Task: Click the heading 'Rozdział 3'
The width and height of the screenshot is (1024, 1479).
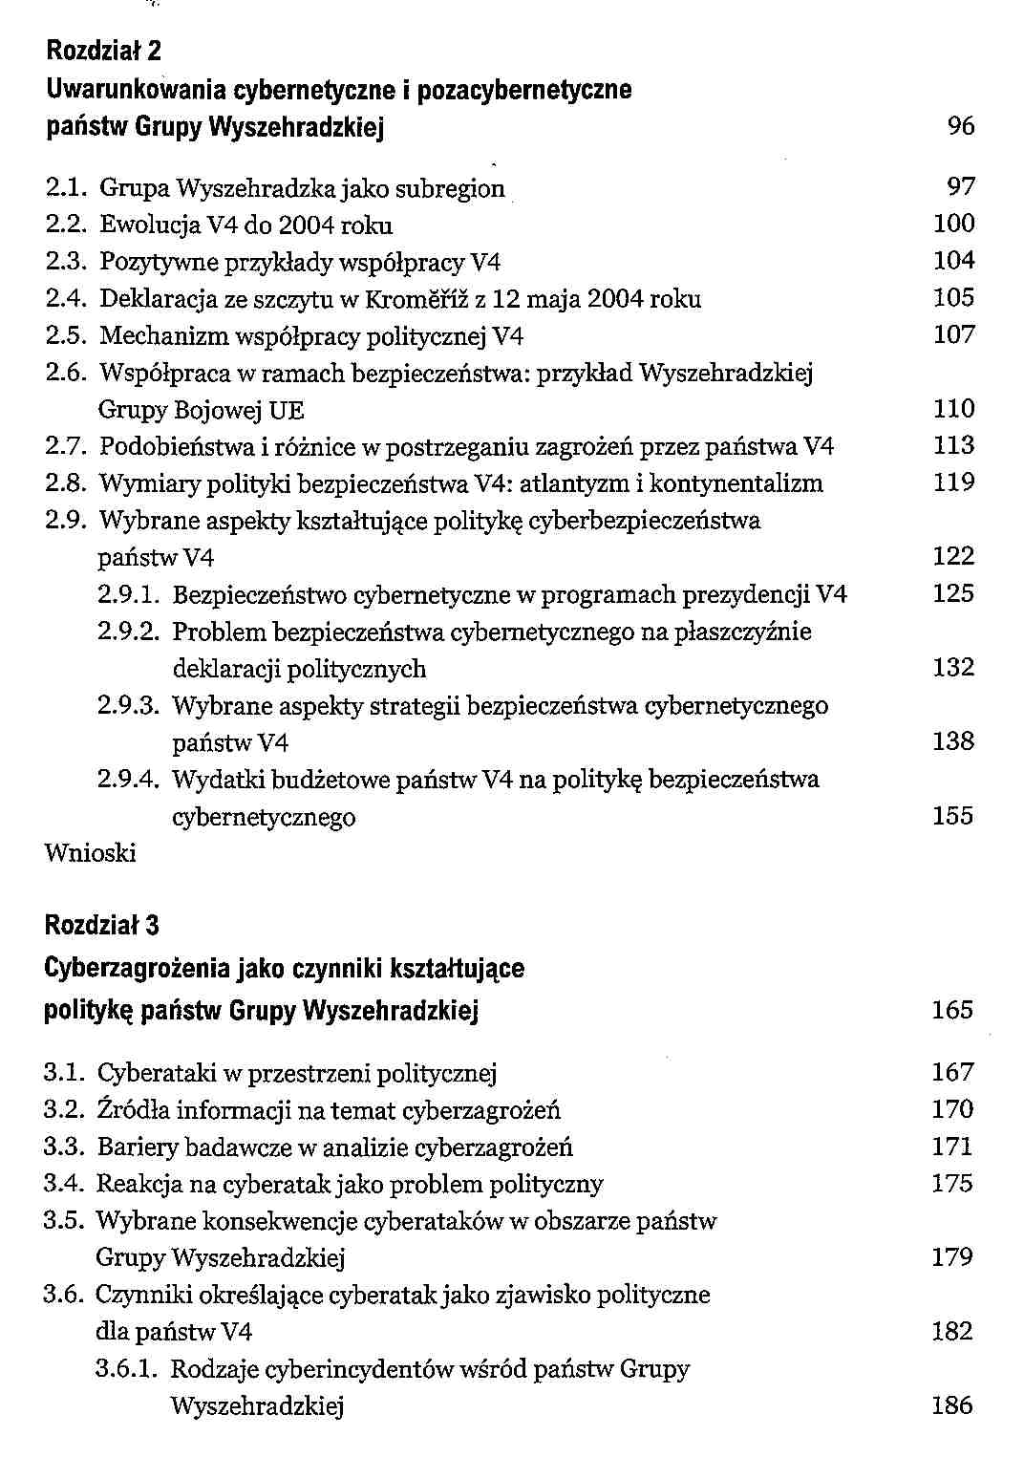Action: pyautogui.click(x=102, y=925)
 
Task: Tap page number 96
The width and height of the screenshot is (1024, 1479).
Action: pyautogui.click(x=961, y=126)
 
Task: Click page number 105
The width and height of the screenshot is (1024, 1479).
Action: pyautogui.click(x=953, y=298)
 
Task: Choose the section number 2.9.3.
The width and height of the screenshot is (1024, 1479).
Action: pyautogui.click(x=128, y=706)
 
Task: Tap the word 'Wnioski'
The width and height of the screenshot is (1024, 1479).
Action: pyautogui.click(x=91, y=853)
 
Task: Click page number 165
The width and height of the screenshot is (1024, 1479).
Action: pyautogui.click(x=952, y=1010)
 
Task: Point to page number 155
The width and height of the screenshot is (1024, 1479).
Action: pyautogui.click(x=953, y=816)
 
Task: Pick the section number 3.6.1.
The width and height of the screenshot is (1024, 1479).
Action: pyautogui.click(x=126, y=1369)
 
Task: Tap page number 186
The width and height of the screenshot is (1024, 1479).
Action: pyautogui.click(x=952, y=1405)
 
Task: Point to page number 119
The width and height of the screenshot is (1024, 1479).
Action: pyautogui.click(x=953, y=482)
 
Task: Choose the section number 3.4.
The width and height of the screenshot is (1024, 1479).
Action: pyautogui.click(x=63, y=1185)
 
